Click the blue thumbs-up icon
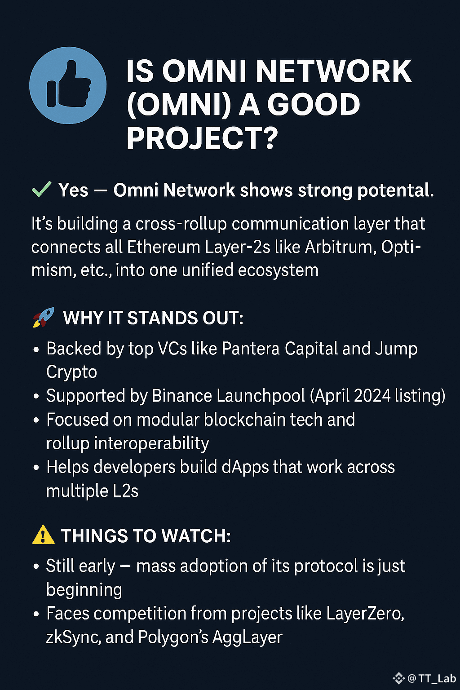(x=68, y=85)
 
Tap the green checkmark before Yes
(x=41, y=190)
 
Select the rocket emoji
(x=44, y=317)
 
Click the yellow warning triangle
(x=43, y=535)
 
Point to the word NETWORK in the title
(x=333, y=71)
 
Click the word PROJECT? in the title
(x=202, y=138)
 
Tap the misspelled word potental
(x=395, y=190)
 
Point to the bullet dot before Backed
(x=36, y=349)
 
